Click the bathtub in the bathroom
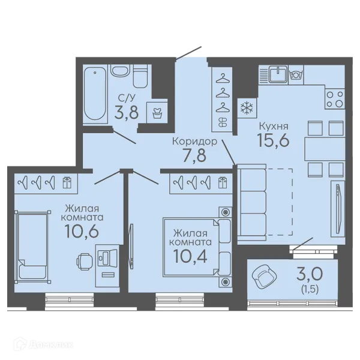(95, 94)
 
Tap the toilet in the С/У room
(140, 76)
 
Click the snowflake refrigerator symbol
(247, 108)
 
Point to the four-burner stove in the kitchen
(335, 99)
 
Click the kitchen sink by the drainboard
(278, 74)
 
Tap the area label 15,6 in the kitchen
(273, 140)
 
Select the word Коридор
(194, 142)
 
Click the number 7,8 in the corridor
(194, 155)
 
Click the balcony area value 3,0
(310, 274)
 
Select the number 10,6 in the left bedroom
(82, 231)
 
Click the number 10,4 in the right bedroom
(190, 256)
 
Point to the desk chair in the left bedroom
(85, 262)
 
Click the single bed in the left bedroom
(32, 247)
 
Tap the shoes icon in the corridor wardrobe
(222, 122)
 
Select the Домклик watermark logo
(44, 344)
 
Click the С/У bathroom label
(126, 98)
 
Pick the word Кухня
(274, 126)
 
